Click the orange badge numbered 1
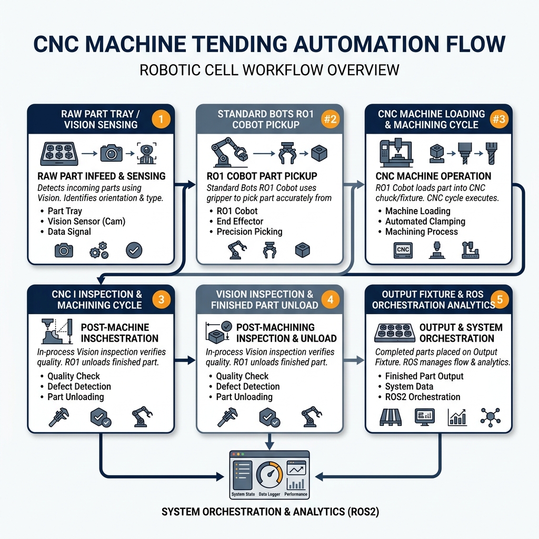(161, 119)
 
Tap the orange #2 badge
(331, 119)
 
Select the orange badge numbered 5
(500, 299)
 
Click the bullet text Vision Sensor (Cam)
(86, 222)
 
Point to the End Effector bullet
(240, 222)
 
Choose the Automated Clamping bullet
(425, 222)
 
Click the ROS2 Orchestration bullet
(423, 397)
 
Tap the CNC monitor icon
(403, 250)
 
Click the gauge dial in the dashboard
(269, 475)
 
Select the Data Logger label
(269, 494)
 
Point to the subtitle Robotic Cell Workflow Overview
(269, 70)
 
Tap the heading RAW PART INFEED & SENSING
(102, 176)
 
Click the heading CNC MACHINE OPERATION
(433, 176)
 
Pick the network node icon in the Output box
(490, 417)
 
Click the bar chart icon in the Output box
(457, 417)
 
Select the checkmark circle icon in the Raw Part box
(134, 250)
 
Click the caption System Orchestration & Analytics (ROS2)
(270, 512)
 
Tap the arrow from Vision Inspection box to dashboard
(269, 441)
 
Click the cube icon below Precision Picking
(303, 250)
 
